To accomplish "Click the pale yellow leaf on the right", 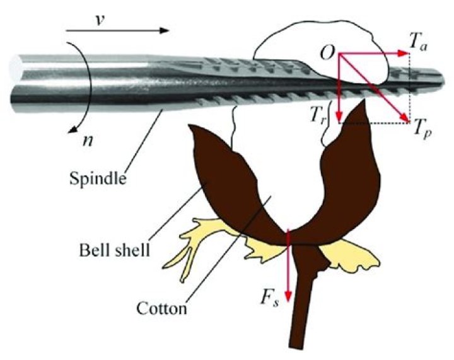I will point(353,255).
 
